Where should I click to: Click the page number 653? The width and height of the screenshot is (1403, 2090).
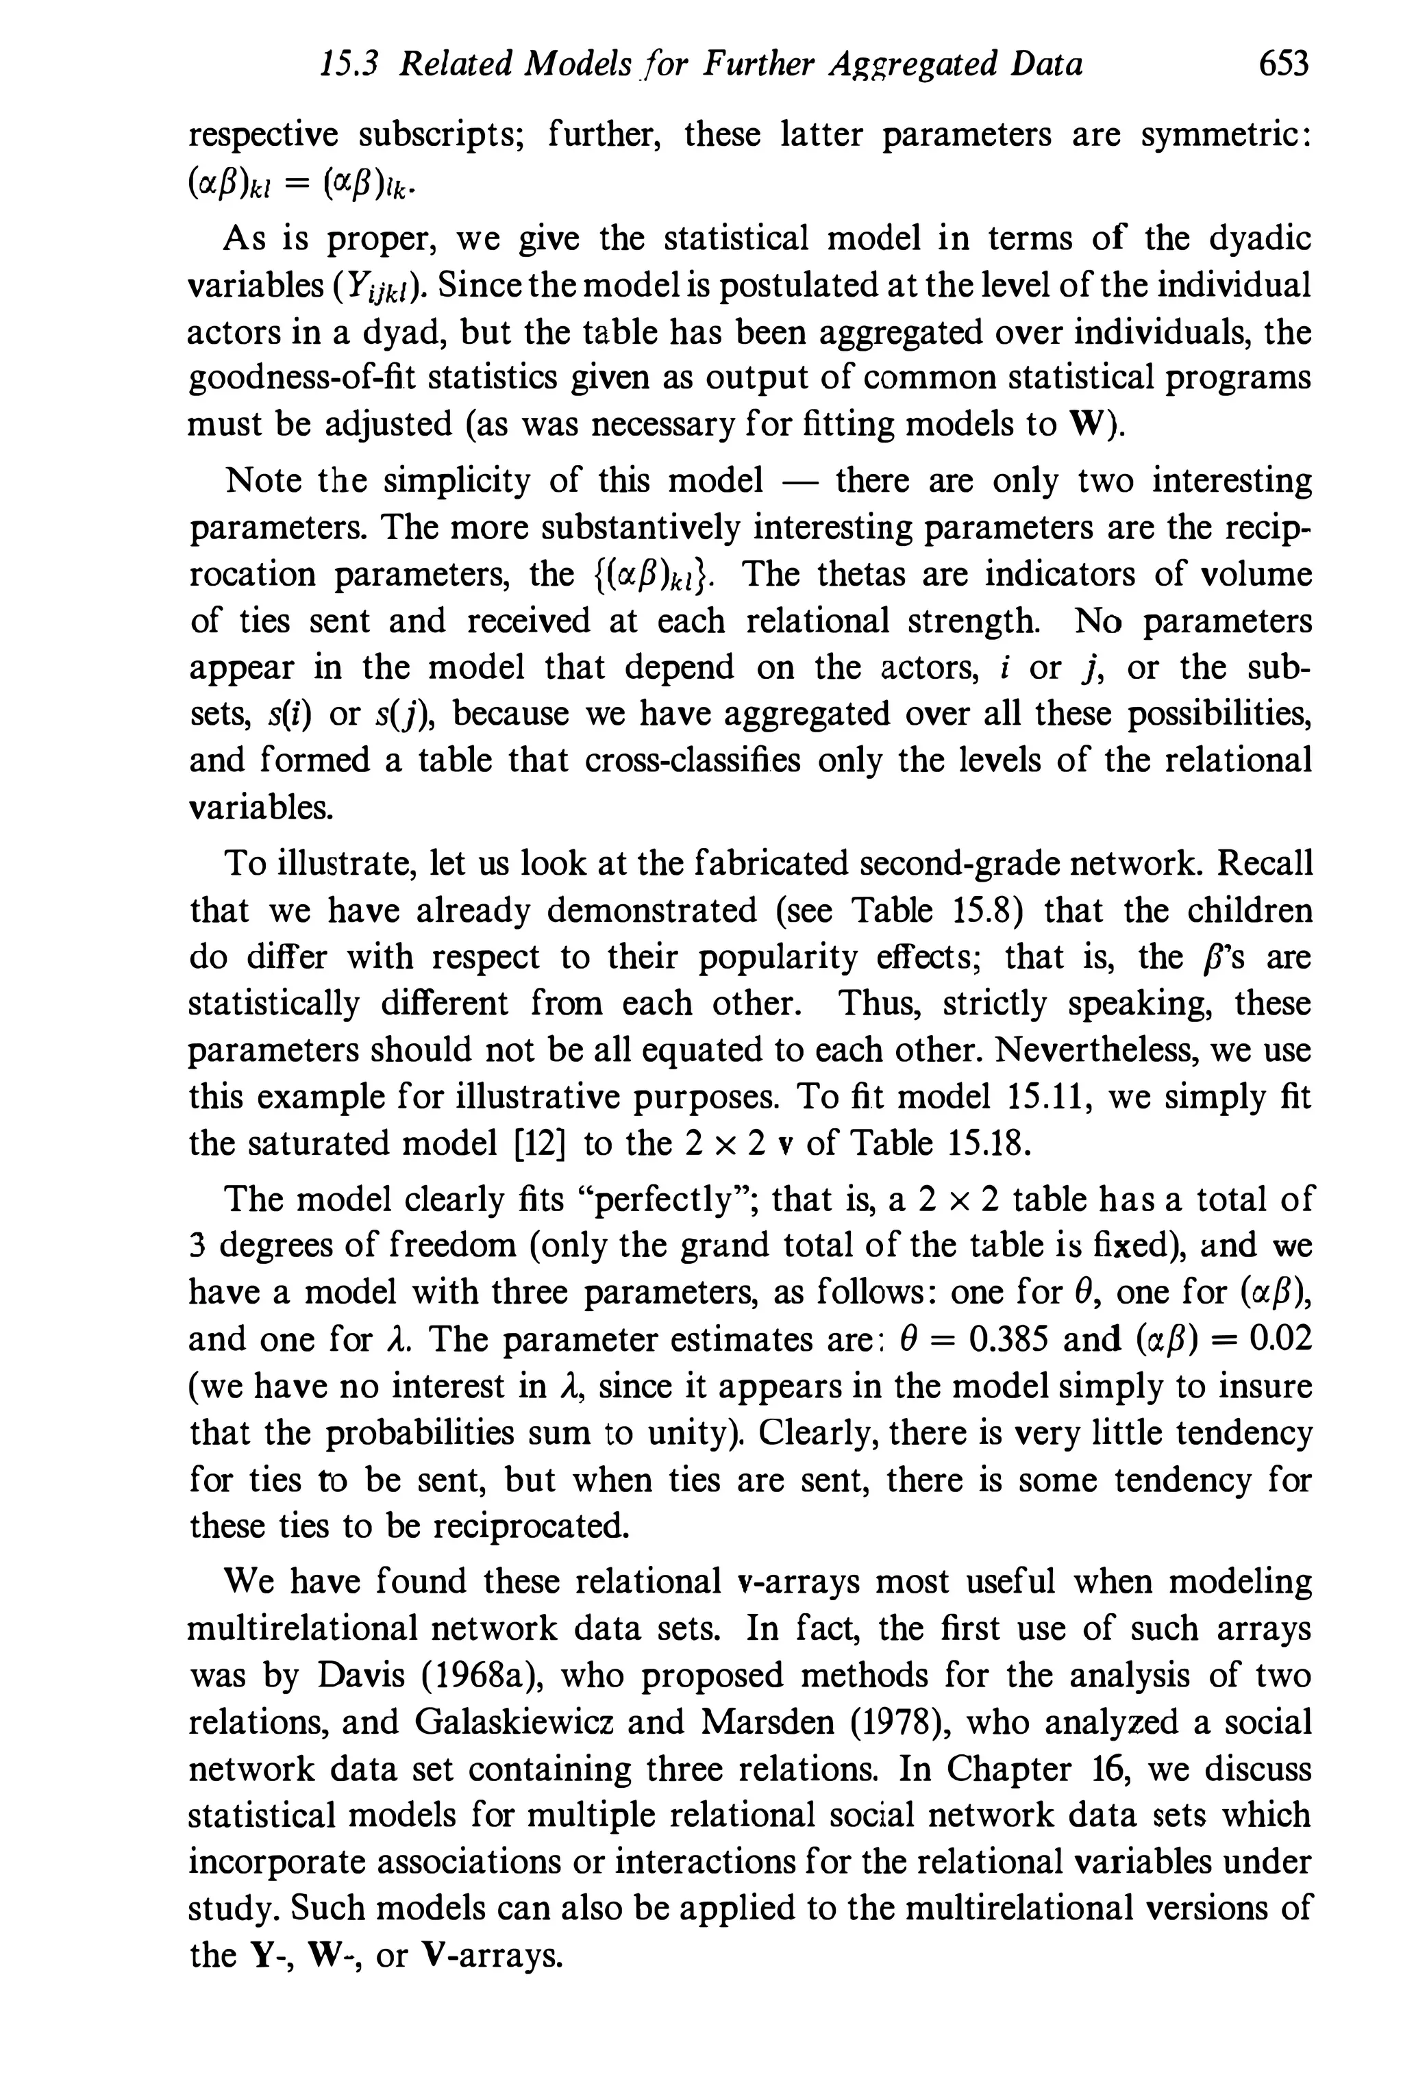(1282, 64)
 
